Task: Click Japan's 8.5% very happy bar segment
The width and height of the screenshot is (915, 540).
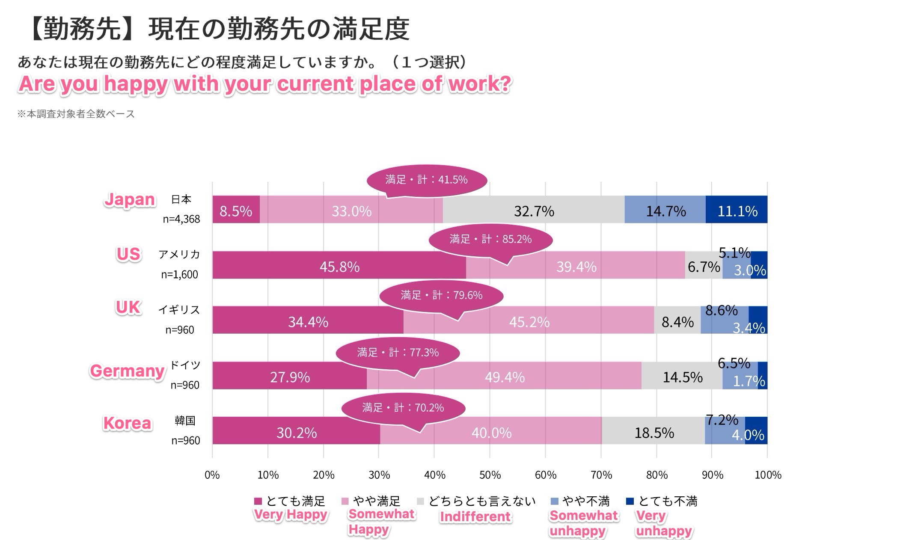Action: click(236, 210)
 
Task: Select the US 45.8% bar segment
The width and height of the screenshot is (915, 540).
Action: click(339, 265)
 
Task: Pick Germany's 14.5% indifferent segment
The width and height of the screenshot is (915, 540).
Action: click(682, 376)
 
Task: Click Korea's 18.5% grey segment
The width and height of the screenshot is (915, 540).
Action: click(654, 431)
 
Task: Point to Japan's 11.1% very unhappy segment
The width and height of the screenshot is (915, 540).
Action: click(737, 210)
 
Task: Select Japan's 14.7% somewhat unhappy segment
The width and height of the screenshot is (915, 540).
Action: click(665, 210)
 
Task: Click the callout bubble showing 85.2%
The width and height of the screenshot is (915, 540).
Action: click(490, 239)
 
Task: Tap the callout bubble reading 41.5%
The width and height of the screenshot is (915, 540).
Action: click(427, 180)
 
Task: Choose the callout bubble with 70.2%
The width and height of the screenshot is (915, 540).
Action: click(403, 408)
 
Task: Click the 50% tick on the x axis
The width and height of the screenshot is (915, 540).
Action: click(490, 475)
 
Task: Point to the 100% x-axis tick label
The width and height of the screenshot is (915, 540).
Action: click(768, 475)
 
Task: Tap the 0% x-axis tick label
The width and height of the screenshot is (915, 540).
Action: click(212, 475)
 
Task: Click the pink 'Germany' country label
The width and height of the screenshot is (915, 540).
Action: click(127, 371)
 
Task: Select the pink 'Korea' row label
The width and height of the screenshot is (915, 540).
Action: click(128, 423)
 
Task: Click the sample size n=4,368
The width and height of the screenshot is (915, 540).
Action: click(181, 219)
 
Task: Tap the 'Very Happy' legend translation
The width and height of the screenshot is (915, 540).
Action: click(291, 514)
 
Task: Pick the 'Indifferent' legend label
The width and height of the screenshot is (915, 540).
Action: click(475, 516)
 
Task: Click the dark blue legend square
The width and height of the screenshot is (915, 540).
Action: click(630, 501)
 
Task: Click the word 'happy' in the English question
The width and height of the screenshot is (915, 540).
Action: click(136, 83)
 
